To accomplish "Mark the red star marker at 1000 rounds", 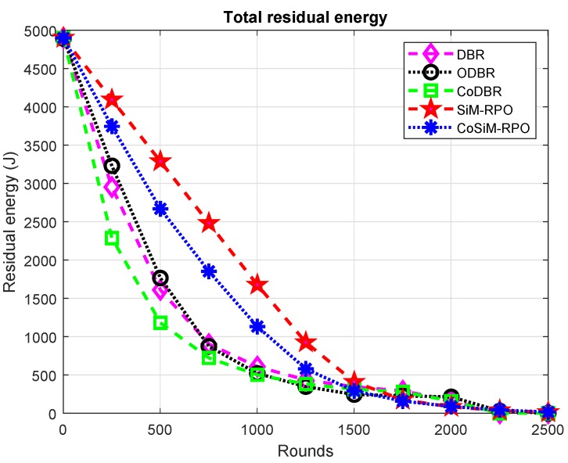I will (x=257, y=285).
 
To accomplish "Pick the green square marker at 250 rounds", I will (x=112, y=238).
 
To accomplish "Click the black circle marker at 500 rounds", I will (x=160, y=278).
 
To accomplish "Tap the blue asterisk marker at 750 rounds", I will (x=209, y=271).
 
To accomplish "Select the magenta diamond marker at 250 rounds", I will (x=112, y=188).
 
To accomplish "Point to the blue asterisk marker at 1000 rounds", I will (x=257, y=326).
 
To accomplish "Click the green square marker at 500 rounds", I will (x=160, y=322).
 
